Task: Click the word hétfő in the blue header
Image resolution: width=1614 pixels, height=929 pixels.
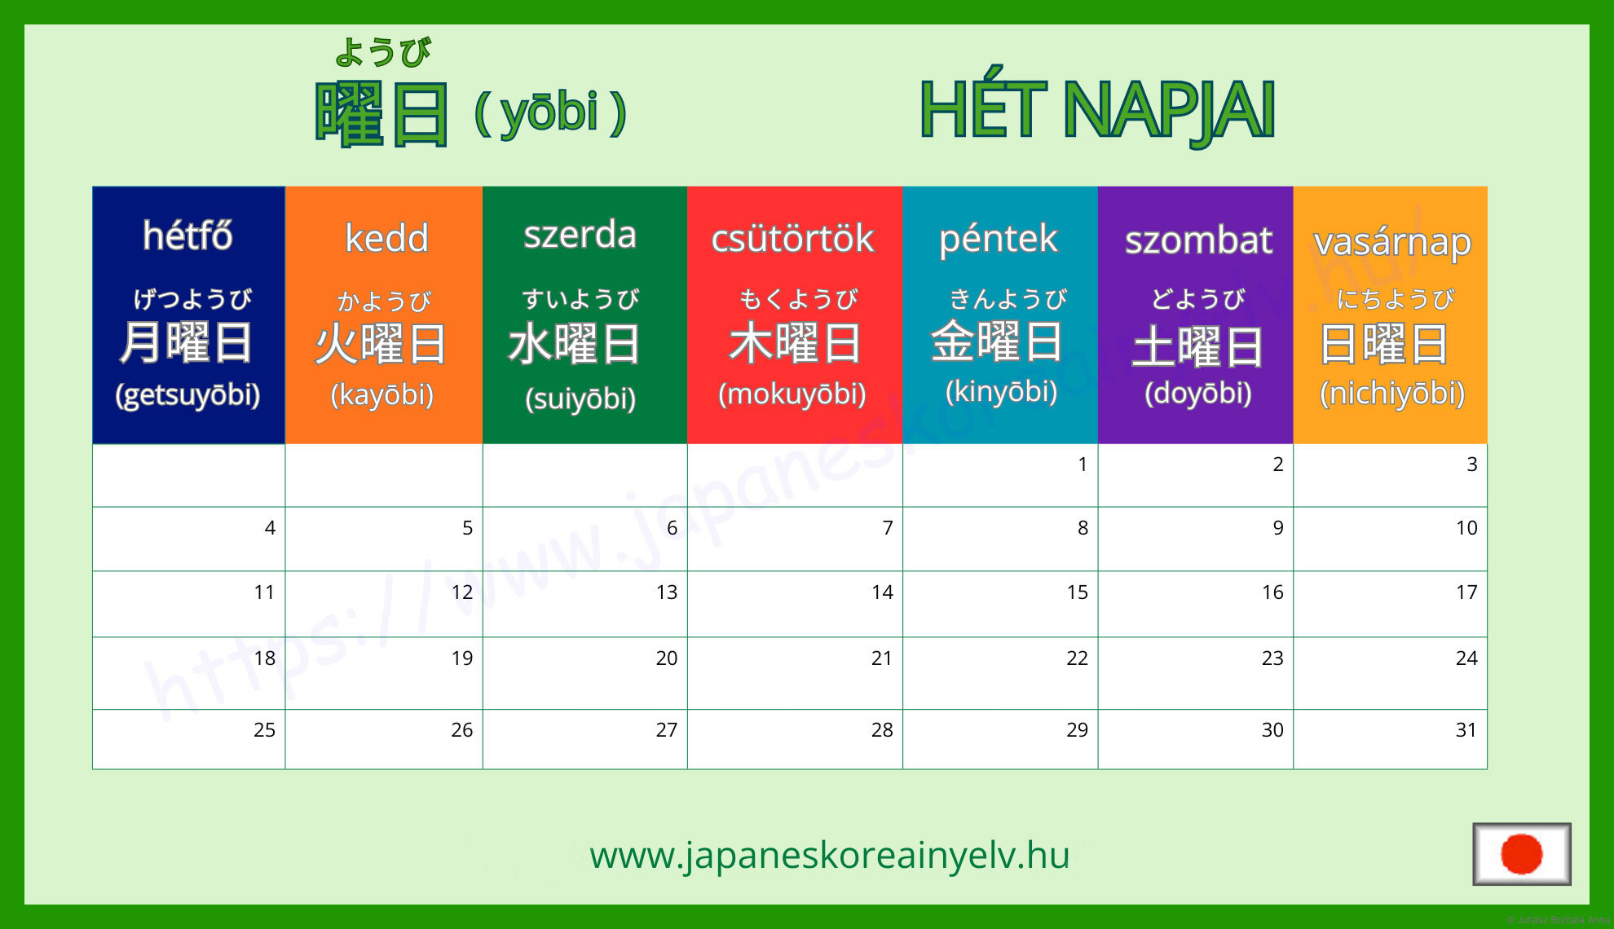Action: [187, 236]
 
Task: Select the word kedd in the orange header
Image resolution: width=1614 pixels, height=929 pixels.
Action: [386, 238]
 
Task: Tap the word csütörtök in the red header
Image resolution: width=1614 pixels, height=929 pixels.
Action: [792, 238]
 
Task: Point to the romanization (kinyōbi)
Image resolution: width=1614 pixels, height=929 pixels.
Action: [1001, 392]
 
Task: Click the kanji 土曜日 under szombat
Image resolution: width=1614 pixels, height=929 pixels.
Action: [1197, 346]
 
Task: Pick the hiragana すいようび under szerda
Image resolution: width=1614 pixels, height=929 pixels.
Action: [580, 299]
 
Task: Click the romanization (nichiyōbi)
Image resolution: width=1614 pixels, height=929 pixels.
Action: [1392, 394]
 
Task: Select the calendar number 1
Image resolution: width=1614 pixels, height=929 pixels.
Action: [1083, 464]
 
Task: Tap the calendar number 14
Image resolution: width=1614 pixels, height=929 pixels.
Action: [882, 592]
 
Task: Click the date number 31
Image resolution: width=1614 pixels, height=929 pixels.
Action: [1466, 730]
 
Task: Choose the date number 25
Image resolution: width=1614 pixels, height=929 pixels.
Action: [264, 730]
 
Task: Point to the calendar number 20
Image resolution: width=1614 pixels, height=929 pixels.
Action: [666, 658]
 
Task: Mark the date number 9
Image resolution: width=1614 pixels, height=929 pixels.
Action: [1278, 528]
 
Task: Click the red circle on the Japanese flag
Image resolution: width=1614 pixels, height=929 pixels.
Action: [1521, 854]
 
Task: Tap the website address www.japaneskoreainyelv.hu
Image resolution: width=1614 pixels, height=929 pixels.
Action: [829, 856]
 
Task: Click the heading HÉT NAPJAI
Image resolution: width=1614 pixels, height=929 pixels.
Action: [1096, 110]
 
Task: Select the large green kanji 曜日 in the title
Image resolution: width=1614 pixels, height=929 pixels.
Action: [381, 114]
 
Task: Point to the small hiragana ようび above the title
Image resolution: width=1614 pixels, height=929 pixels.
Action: [382, 52]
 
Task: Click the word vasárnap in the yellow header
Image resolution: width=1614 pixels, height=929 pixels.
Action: [1392, 242]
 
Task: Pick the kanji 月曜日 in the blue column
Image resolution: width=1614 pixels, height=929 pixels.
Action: [186, 342]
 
